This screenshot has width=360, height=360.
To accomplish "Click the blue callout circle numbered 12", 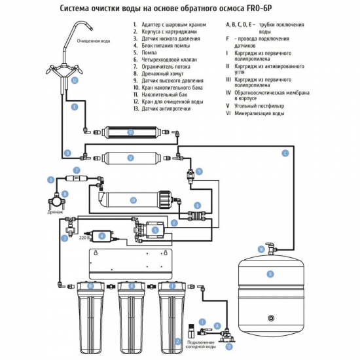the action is (x=75, y=81).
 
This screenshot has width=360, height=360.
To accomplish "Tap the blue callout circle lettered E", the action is (x=75, y=107).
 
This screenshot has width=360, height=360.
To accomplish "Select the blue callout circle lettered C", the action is (x=285, y=153).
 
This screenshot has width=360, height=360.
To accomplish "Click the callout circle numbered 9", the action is (x=199, y=171).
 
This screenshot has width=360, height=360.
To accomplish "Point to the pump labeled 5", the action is (x=149, y=230).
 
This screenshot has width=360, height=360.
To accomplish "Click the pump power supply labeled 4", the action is (x=101, y=236).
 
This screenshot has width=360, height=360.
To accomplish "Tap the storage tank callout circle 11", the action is (x=270, y=274).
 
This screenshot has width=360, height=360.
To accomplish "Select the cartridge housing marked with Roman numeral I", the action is (x=172, y=317).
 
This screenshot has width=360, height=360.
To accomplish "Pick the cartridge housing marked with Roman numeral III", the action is (x=91, y=317).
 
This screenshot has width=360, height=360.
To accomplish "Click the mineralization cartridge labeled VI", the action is (x=131, y=132).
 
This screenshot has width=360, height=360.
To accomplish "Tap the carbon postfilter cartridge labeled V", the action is (x=131, y=158).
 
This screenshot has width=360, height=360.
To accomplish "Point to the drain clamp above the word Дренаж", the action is (x=56, y=201).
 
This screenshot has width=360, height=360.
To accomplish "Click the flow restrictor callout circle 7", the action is (x=77, y=170).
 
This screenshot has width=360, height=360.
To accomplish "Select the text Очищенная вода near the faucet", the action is (x=94, y=41).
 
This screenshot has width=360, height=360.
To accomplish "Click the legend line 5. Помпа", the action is (x=145, y=52).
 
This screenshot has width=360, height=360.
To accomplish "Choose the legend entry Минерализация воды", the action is (x=259, y=113).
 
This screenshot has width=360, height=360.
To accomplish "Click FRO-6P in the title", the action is (x=259, y=9).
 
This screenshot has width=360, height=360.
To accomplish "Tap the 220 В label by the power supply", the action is (x=84, y=238).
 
